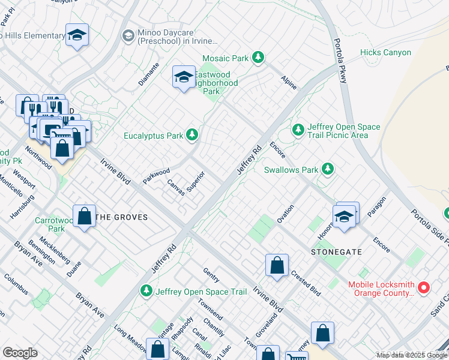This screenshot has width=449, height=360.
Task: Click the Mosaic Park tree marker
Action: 258,58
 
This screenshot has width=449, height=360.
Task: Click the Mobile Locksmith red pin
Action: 423,288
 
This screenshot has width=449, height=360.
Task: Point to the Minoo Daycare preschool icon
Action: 128,36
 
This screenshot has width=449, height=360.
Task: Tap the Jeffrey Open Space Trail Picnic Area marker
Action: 298,130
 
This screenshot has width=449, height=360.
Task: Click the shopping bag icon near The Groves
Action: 85,216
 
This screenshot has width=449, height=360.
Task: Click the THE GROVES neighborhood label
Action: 122,217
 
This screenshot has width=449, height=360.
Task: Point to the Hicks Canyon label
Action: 385,53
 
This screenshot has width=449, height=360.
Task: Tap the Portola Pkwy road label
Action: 339,65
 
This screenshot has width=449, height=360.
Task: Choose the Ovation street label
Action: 285,214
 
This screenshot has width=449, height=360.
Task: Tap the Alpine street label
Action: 289,82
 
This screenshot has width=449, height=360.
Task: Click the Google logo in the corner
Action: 20,353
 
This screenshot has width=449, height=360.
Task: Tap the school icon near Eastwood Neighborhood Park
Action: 184,77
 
